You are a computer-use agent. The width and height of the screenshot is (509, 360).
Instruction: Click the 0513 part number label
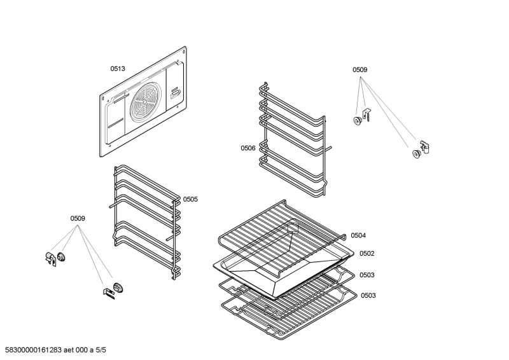point(118,68)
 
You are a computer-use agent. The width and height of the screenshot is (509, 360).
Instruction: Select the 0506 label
point(248,148)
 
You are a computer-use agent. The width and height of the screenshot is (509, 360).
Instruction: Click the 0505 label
point(190,199)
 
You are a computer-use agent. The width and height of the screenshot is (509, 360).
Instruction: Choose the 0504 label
point(358,235)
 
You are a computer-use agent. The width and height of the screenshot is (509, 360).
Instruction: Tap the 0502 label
point(366,253)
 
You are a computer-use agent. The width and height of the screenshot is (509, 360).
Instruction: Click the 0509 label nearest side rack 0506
point(360,70)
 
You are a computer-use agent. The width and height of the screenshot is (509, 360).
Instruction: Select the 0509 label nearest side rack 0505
point(78,219)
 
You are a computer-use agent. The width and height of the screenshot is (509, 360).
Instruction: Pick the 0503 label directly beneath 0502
point(366,275)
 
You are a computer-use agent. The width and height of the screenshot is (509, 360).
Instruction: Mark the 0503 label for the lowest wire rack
point(368,295)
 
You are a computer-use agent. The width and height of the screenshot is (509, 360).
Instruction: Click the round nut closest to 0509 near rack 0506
point(358,121)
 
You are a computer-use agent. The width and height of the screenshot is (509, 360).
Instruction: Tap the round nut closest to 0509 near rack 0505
point(62,256)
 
